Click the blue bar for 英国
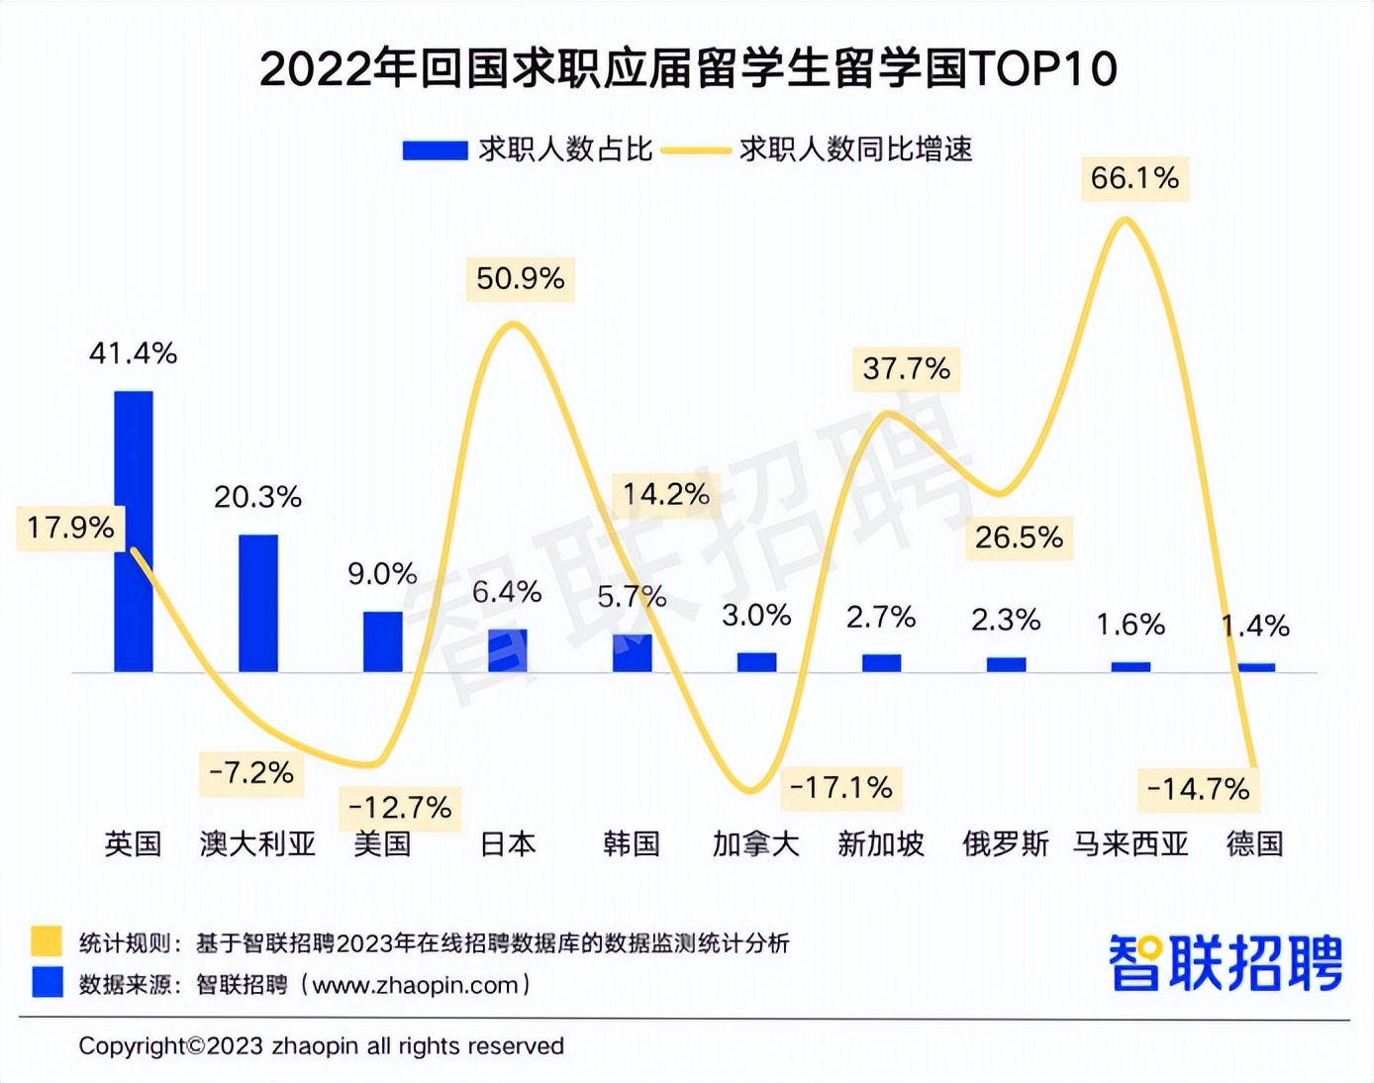(134, 532)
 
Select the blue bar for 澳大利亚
(258, 603)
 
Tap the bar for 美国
(383, 641)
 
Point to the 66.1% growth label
(1134, 179)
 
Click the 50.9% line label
(520, 279)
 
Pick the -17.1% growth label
(841, 788)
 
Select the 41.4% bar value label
(133, 353)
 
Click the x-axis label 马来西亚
(1130, 844)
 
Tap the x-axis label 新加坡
(880, 844)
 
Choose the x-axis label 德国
(1254, 844)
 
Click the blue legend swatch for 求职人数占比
(435, 150)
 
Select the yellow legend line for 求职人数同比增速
(696, 150)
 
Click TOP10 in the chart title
(1043, 69)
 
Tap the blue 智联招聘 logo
(1225, 962)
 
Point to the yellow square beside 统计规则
(47, 940)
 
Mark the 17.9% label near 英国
(70, 528)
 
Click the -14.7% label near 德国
(1198, 790)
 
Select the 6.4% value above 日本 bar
(507, 592)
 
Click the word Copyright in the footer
(133, 1046)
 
